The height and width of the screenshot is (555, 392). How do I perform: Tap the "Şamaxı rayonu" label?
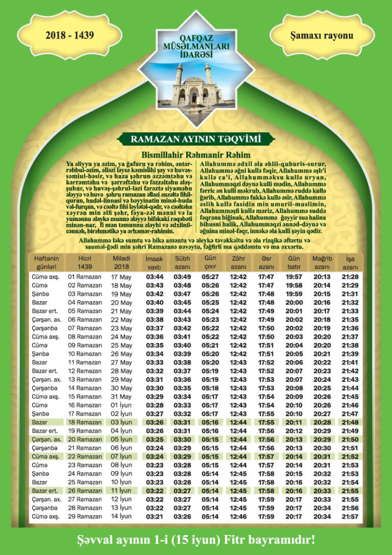pos(321,36)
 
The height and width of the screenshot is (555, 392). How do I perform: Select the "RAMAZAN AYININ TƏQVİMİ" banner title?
pos(195,138)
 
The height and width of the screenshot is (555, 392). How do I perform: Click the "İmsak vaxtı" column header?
pos(154,263)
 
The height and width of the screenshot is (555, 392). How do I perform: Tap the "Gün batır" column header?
pos(294,263)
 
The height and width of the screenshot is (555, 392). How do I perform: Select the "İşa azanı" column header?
pos(350,263)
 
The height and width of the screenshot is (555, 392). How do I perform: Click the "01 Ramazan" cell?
pos(85,277)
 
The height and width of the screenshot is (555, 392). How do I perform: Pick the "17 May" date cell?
pos(121,277)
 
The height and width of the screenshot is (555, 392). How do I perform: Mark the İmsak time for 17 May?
pos(155,277)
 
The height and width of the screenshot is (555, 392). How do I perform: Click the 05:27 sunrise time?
pos(210,277)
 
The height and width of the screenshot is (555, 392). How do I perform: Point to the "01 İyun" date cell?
pos(121,405)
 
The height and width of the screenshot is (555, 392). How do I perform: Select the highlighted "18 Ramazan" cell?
pos(85,422)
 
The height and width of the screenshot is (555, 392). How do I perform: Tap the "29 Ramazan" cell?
pos(85,516)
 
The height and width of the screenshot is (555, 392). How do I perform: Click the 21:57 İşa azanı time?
pos(350,516)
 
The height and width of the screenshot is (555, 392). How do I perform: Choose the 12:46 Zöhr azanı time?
pos(238,516)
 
